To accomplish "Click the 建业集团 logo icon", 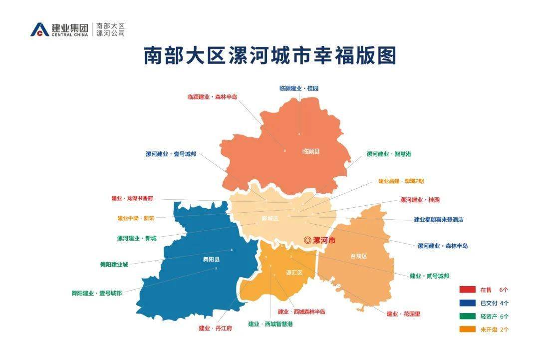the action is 40,29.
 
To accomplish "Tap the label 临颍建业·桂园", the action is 298,88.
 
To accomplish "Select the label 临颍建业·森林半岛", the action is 212,97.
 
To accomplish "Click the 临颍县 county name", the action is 311,151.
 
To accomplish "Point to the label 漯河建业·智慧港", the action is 389,154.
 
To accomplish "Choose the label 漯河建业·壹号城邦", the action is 171,154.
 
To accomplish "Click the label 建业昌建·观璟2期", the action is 401,181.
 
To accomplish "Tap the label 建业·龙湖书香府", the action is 132,198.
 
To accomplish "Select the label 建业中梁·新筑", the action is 136,218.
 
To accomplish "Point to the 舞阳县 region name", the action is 211,260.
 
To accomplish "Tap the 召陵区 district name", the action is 358,256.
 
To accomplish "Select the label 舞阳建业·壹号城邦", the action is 96,293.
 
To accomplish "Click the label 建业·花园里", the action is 403,314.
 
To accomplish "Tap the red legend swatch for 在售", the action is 467,290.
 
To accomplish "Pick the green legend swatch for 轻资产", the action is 467,316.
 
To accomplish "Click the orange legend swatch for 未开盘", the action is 467,329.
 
